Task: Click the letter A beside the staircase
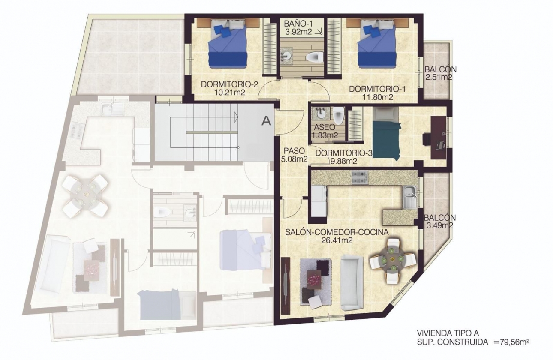[x=266, y=121]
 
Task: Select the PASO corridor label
[x=294, y=151]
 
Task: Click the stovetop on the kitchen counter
[x=359, y=177]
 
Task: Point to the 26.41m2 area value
[x=337, y=240]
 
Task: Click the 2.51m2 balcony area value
[x=438, y=77]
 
